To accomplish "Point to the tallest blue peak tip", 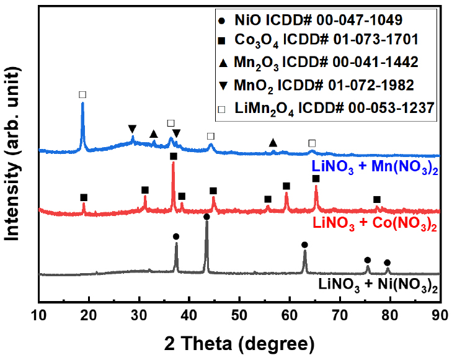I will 82,103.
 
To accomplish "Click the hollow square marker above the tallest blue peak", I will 82,95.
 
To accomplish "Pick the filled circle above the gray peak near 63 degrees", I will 304,245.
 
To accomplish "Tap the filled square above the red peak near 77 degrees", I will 376,199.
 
